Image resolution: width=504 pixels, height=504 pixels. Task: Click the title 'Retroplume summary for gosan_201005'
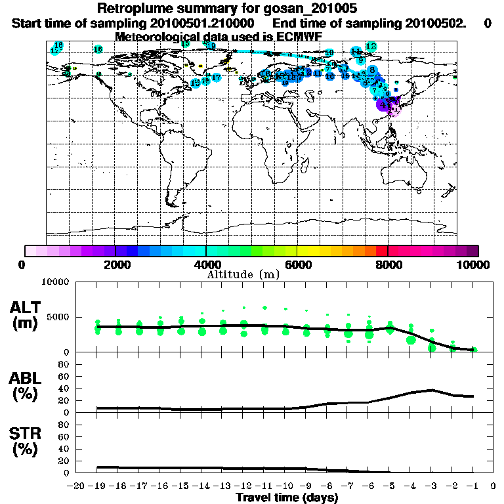227,9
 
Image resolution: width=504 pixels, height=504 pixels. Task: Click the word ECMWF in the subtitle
301,36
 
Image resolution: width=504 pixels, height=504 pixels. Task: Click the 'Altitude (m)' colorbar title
243,274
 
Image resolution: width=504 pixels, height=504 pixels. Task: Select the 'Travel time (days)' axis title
287,498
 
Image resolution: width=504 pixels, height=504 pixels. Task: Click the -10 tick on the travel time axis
286,486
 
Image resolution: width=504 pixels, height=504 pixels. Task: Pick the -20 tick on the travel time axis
77,486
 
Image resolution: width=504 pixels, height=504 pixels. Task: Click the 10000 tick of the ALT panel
55,282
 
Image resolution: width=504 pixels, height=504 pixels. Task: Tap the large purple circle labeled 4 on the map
383,104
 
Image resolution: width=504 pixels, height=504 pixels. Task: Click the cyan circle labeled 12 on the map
371,46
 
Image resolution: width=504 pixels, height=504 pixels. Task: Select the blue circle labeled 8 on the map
372,70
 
